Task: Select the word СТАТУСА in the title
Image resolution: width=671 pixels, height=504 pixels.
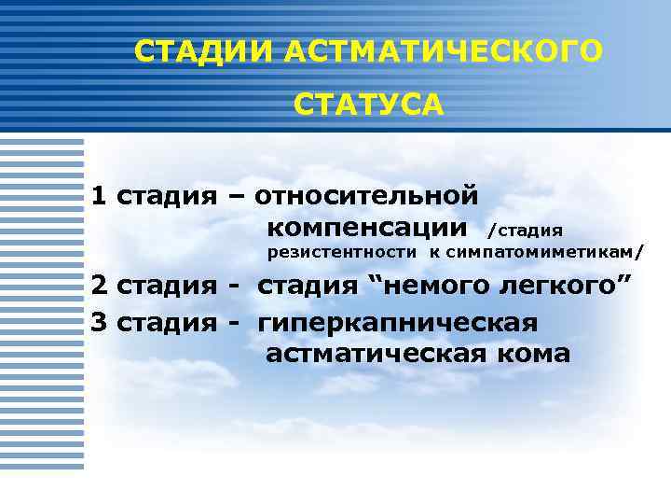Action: coord(369,105)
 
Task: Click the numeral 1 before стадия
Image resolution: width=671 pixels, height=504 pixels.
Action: coord(98,196)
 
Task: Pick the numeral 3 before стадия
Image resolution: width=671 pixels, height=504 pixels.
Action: coord(99,323)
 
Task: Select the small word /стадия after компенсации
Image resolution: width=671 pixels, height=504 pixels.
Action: coord(526,230)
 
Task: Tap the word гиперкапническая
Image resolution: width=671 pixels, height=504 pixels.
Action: coord(398,323)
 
